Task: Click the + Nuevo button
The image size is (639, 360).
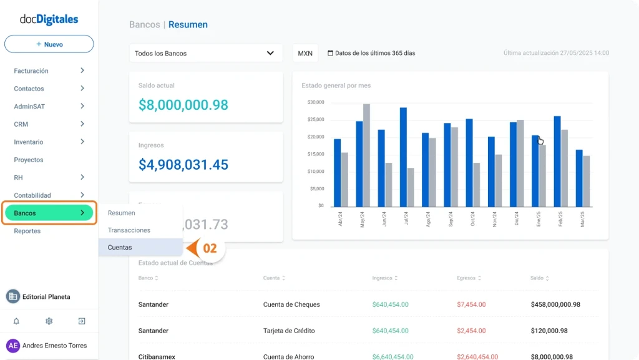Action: pyautogui.click(x=49, y=44)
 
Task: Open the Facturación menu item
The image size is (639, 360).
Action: pyautogui.click(x=31, y=71)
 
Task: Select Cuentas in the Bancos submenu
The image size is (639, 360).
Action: pyautogui.click(x=120, y=248)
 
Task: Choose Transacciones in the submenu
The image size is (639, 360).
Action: pyautogui.click(x=129, y=230)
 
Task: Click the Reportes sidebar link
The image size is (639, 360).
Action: pyautogui.click(x=27, y=231)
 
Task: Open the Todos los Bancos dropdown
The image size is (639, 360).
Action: pyautogui.click(x=204, y=53)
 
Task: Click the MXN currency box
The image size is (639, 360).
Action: pyautogui.click(x=305, y=53)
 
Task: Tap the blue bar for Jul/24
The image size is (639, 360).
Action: pyautogui.click(x=403, y=157)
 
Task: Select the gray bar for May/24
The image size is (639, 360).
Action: pyautogui.click(x=366, y=155)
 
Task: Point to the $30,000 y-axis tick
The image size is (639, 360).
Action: pyautogui.click(x=316, y=102)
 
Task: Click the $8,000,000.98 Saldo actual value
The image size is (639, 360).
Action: pyautogui.click(x=183, y=105)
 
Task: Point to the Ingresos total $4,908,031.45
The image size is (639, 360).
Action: pyautogui.click(x=183, y=165)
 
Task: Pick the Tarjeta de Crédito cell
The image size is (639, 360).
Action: pyautogui.click(x=289, y=331)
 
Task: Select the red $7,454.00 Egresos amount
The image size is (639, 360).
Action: pyautogui.click(x=472, y=304)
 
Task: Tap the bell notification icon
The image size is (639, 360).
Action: pyautogui.click(x=16, y=321)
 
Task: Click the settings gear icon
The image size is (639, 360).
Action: pyautogui.click(x=49, y=321)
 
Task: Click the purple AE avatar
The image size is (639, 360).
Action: pyautogui.click(x=13, y=346)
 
